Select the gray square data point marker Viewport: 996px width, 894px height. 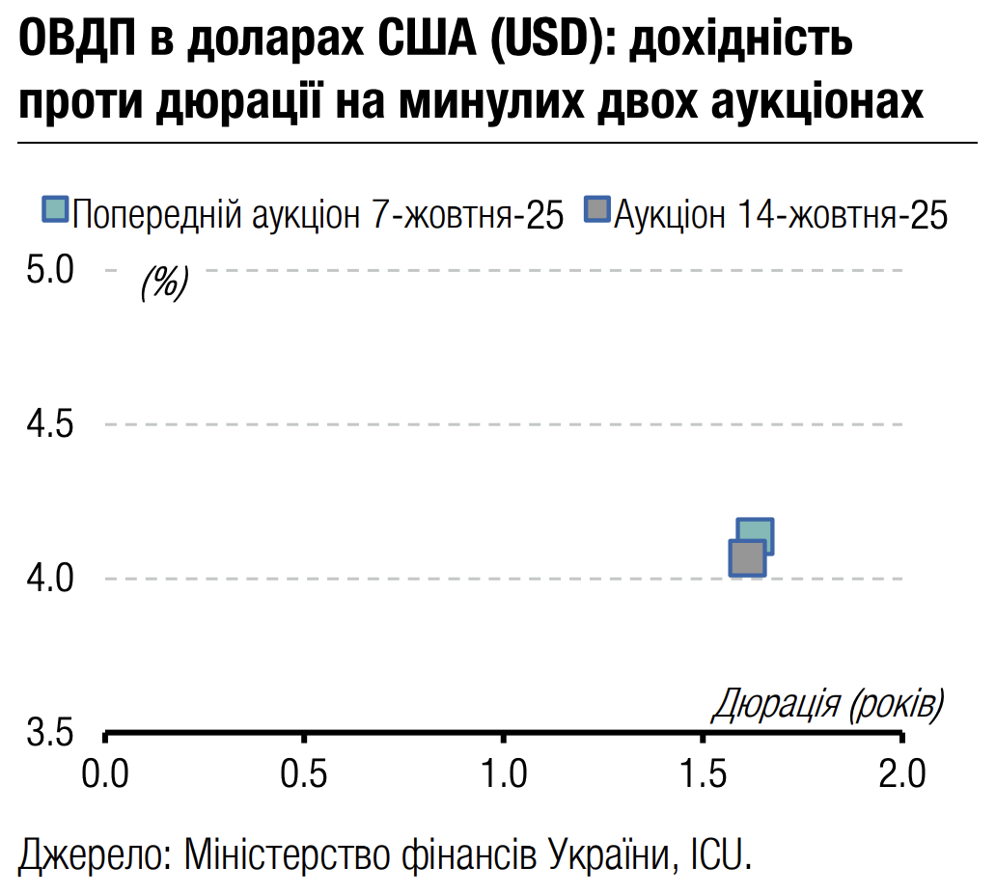coord(746,558)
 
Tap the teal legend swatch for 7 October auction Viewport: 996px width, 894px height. coord(56,211)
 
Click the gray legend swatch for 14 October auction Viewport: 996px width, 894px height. coord(599,211)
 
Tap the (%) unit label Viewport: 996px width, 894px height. coord(164,283)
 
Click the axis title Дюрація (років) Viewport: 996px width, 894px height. coord(828,705)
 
